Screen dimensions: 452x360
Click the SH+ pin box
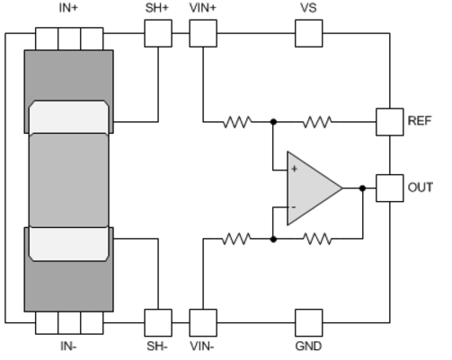158,33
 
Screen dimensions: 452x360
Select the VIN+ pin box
203,33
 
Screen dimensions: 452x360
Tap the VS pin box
309,33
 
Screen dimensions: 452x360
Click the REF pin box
390,122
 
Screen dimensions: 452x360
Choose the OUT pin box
390,188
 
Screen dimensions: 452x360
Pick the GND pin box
309,323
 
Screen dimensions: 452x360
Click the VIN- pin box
203,323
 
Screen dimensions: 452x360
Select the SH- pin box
158,323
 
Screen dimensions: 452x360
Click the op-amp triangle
312,189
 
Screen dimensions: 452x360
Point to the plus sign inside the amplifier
294,169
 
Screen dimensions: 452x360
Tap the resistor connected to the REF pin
317,122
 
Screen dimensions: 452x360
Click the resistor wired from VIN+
237,122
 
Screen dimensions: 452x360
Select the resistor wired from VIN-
236,239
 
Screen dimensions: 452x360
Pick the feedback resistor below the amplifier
317,239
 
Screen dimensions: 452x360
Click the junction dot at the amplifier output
362,189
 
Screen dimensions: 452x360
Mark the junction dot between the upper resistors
273,122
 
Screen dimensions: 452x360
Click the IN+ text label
68,8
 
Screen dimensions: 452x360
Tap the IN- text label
68,347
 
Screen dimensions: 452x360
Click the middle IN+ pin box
69,39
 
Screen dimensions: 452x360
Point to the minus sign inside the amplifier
294,207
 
